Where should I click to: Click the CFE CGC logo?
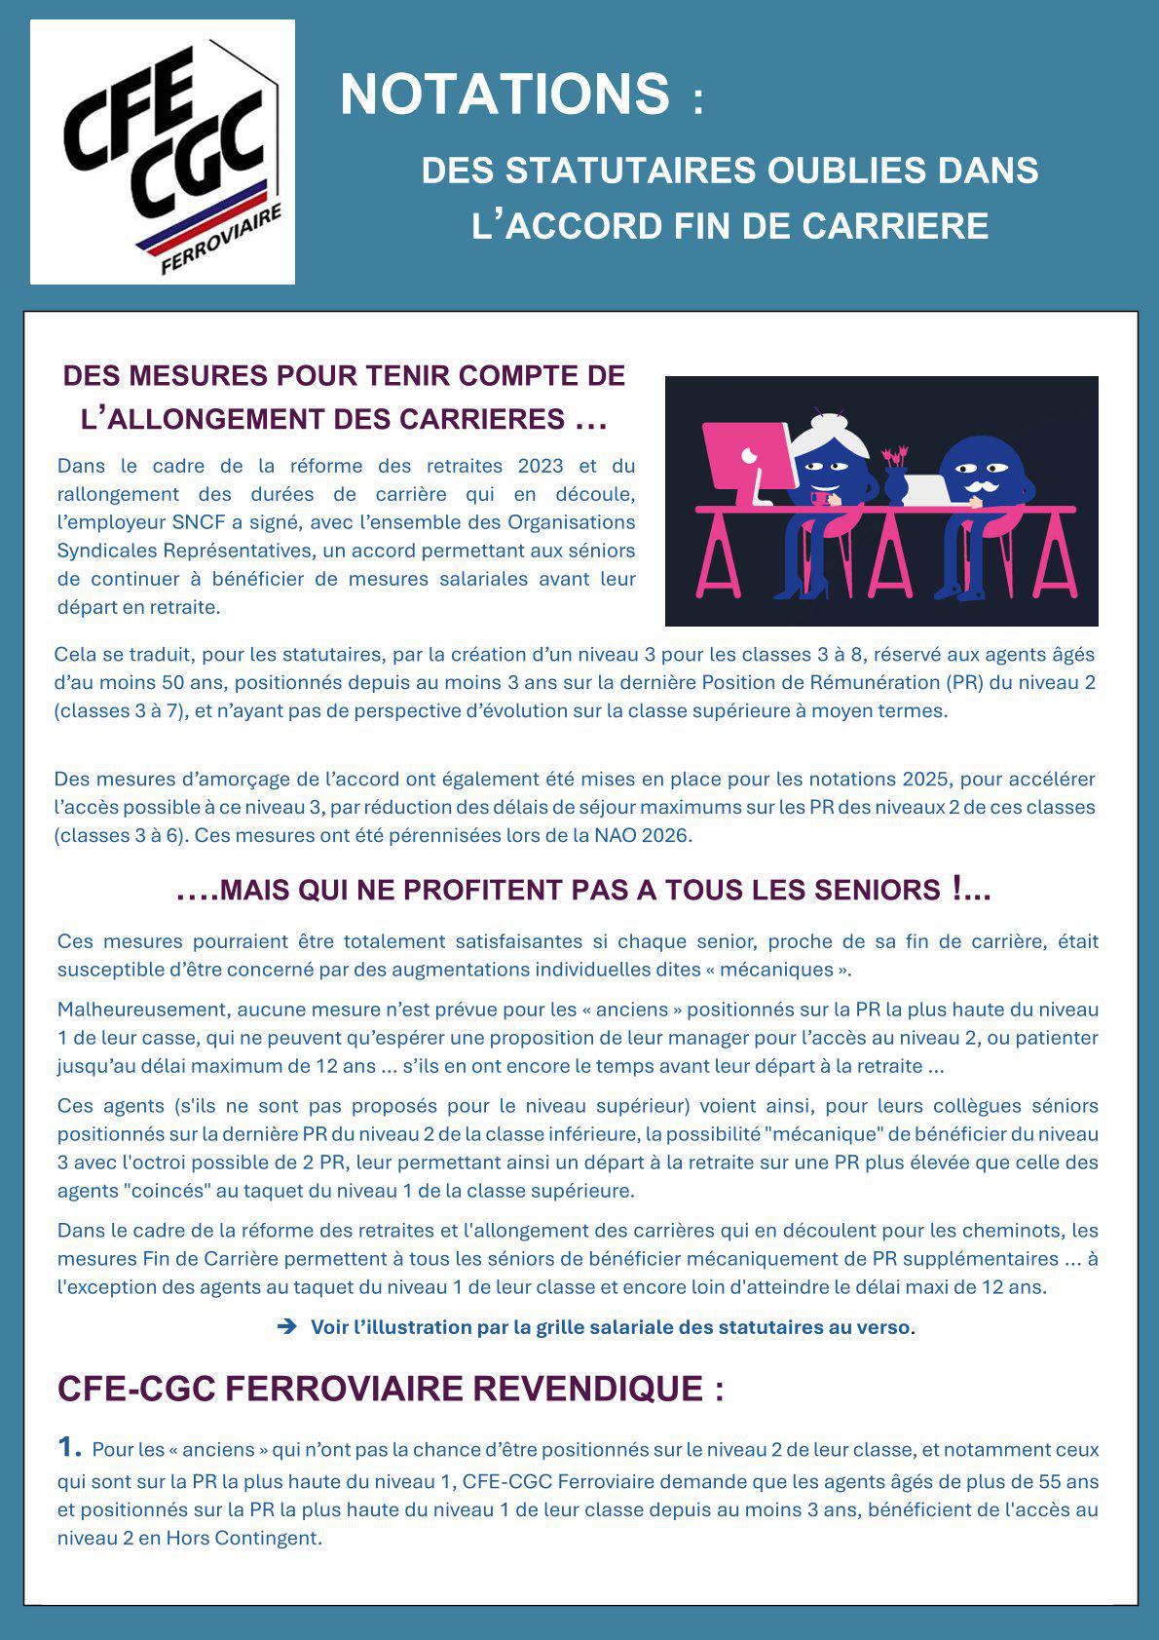point(163,152)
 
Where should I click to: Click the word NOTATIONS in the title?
point(505,95)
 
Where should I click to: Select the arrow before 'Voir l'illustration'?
point(287,1326)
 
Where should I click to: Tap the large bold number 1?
point(68,1447)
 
